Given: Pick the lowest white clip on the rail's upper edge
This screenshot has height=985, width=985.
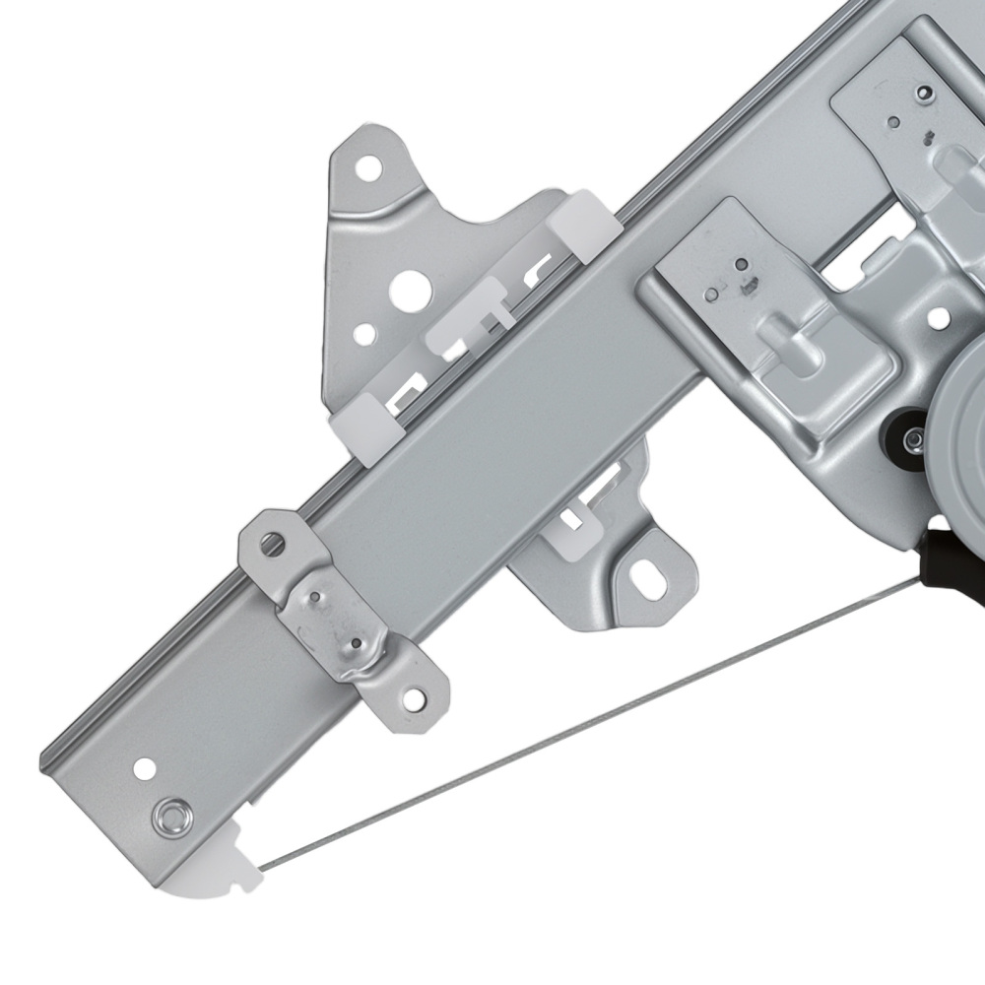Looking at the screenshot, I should point(365,426).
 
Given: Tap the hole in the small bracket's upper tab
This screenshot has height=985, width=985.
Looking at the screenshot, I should point(272,543).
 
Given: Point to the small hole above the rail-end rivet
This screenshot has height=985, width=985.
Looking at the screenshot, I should point(145,766).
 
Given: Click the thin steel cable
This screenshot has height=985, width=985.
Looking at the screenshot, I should point(591,720).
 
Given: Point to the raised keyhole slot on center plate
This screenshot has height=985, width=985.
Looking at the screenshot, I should point(797,351).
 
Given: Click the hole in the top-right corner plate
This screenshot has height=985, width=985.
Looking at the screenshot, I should point(924,94).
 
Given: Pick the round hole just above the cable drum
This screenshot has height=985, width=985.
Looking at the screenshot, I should point(939,317).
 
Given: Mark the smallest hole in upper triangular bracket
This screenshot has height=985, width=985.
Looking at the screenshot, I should point(364,335).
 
